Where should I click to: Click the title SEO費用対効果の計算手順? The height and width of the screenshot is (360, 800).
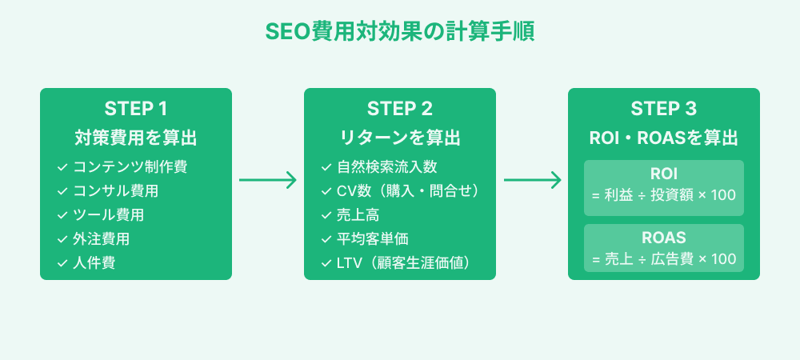click(399, 32)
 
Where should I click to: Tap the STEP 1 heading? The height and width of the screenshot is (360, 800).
click(136, 109)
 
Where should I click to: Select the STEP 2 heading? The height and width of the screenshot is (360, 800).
click(400, 109)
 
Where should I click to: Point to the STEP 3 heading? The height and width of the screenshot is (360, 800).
click(664, 109)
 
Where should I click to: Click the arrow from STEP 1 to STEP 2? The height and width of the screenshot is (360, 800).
click(268, 181)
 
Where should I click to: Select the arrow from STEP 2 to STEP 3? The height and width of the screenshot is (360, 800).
click(532, 181)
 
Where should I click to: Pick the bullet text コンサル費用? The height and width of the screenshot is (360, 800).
click(115, 191)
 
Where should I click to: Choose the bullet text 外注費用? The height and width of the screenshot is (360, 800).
click(101, 239)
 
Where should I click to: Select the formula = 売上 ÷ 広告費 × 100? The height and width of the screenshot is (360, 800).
click(664, 260)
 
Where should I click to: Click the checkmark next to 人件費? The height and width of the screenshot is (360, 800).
click(62, 263)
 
